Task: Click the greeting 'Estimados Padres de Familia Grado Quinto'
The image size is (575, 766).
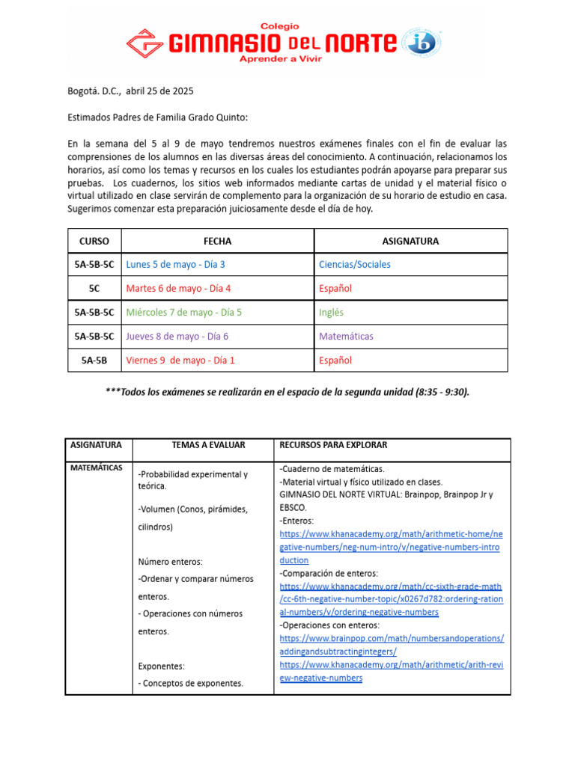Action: [x=157, y=117]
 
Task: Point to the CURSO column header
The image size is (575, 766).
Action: [x=94, y=241]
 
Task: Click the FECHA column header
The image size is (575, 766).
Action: [x=217, y=241]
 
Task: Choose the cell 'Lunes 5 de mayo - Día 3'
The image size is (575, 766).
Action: [x=175, y=264]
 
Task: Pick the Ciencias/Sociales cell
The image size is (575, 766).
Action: [x=354, y=264]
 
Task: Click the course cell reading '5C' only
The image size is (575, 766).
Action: [x=94, y=288]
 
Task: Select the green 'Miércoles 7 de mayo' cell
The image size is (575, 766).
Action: [x=183, y=312]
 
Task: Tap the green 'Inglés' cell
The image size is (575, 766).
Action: [x=331, y=312]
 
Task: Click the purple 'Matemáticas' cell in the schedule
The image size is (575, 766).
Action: [x=346, y=336]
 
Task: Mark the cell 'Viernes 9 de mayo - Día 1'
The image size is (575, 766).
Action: [x=180, y=360]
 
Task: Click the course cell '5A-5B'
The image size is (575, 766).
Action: [x=94, y=360]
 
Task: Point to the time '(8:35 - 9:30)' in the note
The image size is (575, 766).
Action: [x=442, y=392]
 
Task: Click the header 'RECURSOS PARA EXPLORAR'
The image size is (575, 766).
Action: [x=333, y=445]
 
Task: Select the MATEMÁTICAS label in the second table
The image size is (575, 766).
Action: [x=96, y=468]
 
